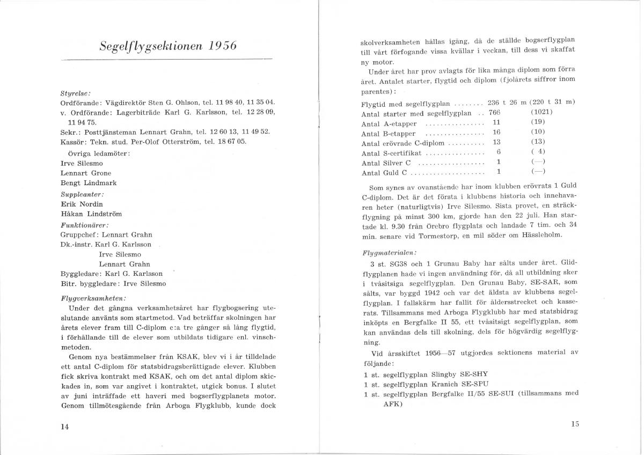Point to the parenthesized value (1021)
(541, 112)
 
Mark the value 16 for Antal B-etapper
(496, 133)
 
